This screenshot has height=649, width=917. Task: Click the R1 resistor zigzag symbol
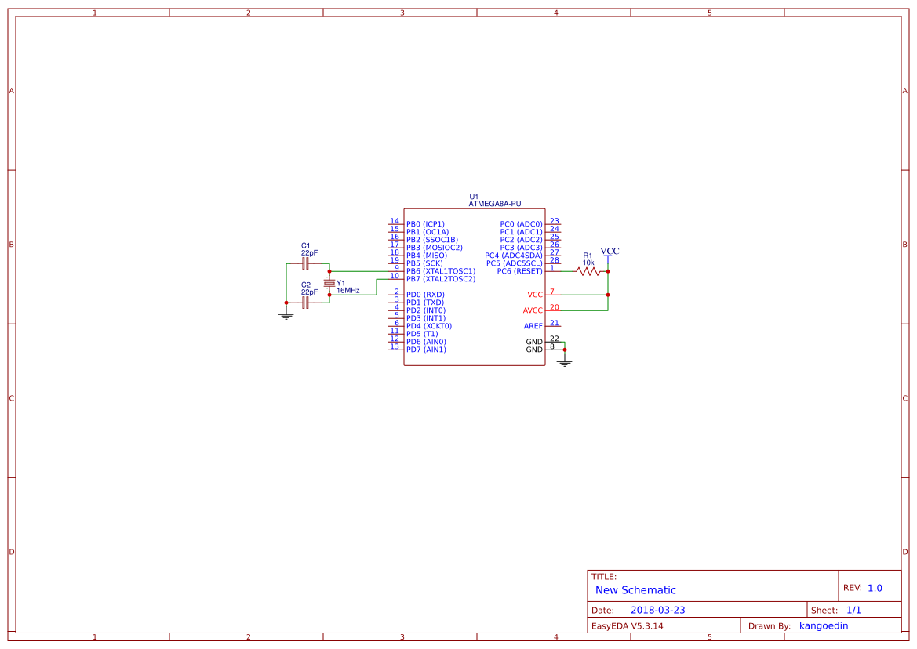pyautogui.click(x=588, y=271)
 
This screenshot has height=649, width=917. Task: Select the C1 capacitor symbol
pyautogui.click(x=305, y=263)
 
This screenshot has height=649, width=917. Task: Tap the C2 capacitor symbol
pyautogui.click(x=305, y=302)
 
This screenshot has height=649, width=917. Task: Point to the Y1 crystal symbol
pyautogui.click(x=329, y=283)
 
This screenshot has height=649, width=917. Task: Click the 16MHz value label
pyautogui.click(x=348, y=291)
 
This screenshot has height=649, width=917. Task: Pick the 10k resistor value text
pyautogui.click(x=588, y=263)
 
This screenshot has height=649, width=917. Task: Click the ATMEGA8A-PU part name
pyautogui.click(x=494, y=204)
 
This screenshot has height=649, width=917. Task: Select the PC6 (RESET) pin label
pyautogui.click(x=519, y=271)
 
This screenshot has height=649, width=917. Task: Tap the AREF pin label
pyautogui.click(x=533, y=326)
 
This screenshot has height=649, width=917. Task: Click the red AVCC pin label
pyautogui.click(x=532, y=310)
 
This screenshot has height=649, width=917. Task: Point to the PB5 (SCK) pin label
pyautogui.click(x=424, y=263)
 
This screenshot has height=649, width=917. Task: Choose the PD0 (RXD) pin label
pyautogui.click(x=425, y=295)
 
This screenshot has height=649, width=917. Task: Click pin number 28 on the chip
pyautogui.click(x=554, y=260)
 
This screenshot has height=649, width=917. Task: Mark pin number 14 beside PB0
pyautogui.click(x=395, y=221)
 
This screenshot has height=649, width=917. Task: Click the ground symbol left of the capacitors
pyautogui.click(x=286, y=315)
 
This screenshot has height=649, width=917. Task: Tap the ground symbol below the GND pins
pyautogui.click(x=564, y=362)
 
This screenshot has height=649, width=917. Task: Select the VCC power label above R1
pyautogui.click(x=610, y=252)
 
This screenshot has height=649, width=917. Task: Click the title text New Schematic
pyautogui.click(x=635, y=590)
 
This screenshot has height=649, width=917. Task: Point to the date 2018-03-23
pyautogui.click(x=657, y=610)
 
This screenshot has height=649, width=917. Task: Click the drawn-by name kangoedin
pyautogui.click(x=823, y=625)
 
